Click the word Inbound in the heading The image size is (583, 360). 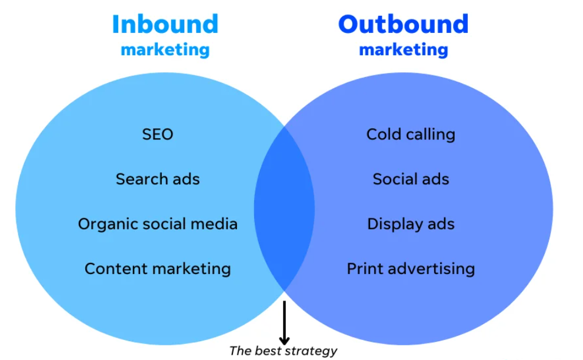coord(165,24)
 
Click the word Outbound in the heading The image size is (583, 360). coord(403,24)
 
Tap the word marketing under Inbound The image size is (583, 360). coord(165,50)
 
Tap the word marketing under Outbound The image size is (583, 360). coord(403,50)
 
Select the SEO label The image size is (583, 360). coord(158,134)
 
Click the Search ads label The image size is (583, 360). coord(158,179)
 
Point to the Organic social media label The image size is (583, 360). coord(158,224)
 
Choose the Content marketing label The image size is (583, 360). coord(158,269)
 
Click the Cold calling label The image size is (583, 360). coord(411,134)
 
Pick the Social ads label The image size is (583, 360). coord(411,179)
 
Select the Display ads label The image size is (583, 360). coord(411,224)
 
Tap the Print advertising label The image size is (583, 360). coord(411,269)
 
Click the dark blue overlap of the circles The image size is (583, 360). coord(284,209)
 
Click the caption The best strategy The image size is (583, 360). coord(283,351)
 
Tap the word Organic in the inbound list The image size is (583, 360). coord(103,225)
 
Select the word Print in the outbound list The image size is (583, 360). coord(362,269)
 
